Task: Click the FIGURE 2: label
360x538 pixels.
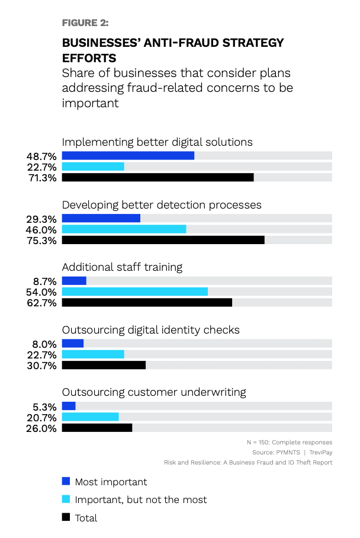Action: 85,23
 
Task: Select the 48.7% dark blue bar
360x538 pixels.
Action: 128,156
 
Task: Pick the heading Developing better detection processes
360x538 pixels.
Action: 162,205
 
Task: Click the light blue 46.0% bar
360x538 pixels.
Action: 124,229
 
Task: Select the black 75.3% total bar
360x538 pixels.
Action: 163,240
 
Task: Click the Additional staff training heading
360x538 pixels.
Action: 122,267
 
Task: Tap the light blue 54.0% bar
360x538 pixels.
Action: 134,292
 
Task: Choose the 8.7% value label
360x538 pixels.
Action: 44,281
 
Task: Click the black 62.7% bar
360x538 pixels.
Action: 147,303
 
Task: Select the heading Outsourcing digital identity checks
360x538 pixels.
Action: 150,330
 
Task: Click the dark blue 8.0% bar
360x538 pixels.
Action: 72,344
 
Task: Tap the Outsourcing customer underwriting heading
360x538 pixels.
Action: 154,392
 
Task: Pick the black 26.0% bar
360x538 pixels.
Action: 97,428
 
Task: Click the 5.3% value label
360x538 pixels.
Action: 44,407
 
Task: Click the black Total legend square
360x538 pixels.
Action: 66,518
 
